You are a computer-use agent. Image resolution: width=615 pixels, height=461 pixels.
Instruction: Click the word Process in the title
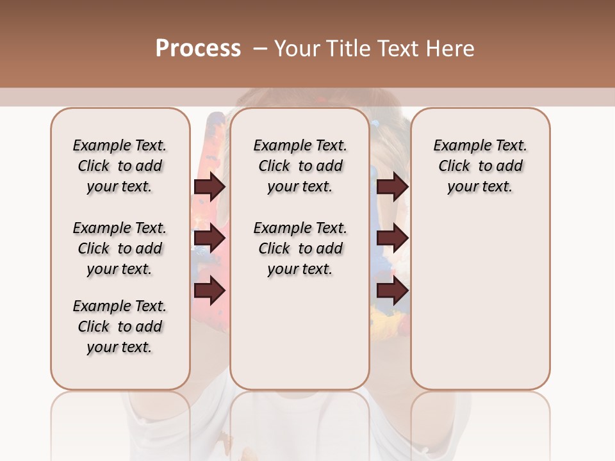click(198, 49)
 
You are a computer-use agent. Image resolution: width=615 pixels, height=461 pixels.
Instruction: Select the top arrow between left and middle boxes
click(209, 187)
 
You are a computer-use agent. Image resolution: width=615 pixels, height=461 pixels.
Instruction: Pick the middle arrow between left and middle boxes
click(209, 239)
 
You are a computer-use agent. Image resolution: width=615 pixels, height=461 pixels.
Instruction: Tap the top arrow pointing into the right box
click(392, 187)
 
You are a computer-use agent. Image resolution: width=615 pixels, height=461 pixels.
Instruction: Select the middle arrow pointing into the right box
click(392, 239)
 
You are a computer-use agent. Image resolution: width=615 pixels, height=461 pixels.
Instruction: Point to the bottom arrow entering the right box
click(392, 291)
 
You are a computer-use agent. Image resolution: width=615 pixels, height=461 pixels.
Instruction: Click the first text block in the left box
click(120, 166)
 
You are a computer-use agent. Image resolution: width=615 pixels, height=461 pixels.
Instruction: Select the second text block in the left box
click(120, 248)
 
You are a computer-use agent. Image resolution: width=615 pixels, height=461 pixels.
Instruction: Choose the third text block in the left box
click(120, 327)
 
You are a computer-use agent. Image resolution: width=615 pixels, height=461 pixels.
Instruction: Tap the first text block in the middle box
click(300, 166)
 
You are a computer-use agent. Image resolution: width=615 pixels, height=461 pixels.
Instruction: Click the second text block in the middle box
click(300, 248)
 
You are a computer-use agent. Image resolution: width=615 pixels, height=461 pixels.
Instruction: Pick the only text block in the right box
click(480, 166)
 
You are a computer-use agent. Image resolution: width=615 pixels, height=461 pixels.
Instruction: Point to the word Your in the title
click(296, 49)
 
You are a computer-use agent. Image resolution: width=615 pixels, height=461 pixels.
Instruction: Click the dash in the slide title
click(260, 49)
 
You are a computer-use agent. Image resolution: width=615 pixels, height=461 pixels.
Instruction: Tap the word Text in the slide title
click(397, 49)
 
